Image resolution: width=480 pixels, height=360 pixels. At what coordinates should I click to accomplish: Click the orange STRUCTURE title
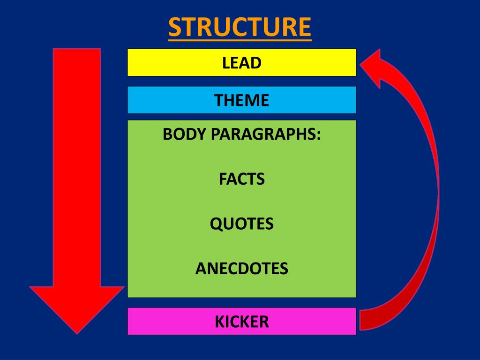[240, 27]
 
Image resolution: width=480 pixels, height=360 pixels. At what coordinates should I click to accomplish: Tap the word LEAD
[242, 62]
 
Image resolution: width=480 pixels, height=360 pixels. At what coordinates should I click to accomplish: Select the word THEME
[242, 100]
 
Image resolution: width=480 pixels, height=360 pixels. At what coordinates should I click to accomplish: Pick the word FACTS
[242, 179]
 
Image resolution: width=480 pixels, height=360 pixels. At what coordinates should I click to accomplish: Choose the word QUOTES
[242, 224]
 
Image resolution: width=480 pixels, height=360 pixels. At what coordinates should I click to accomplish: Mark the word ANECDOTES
[242, 269]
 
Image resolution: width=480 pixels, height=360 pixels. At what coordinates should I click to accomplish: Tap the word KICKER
[242, 322]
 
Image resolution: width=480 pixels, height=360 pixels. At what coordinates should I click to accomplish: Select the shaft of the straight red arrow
[76, 164]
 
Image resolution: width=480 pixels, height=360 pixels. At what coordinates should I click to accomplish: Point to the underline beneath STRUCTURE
[240, 40]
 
